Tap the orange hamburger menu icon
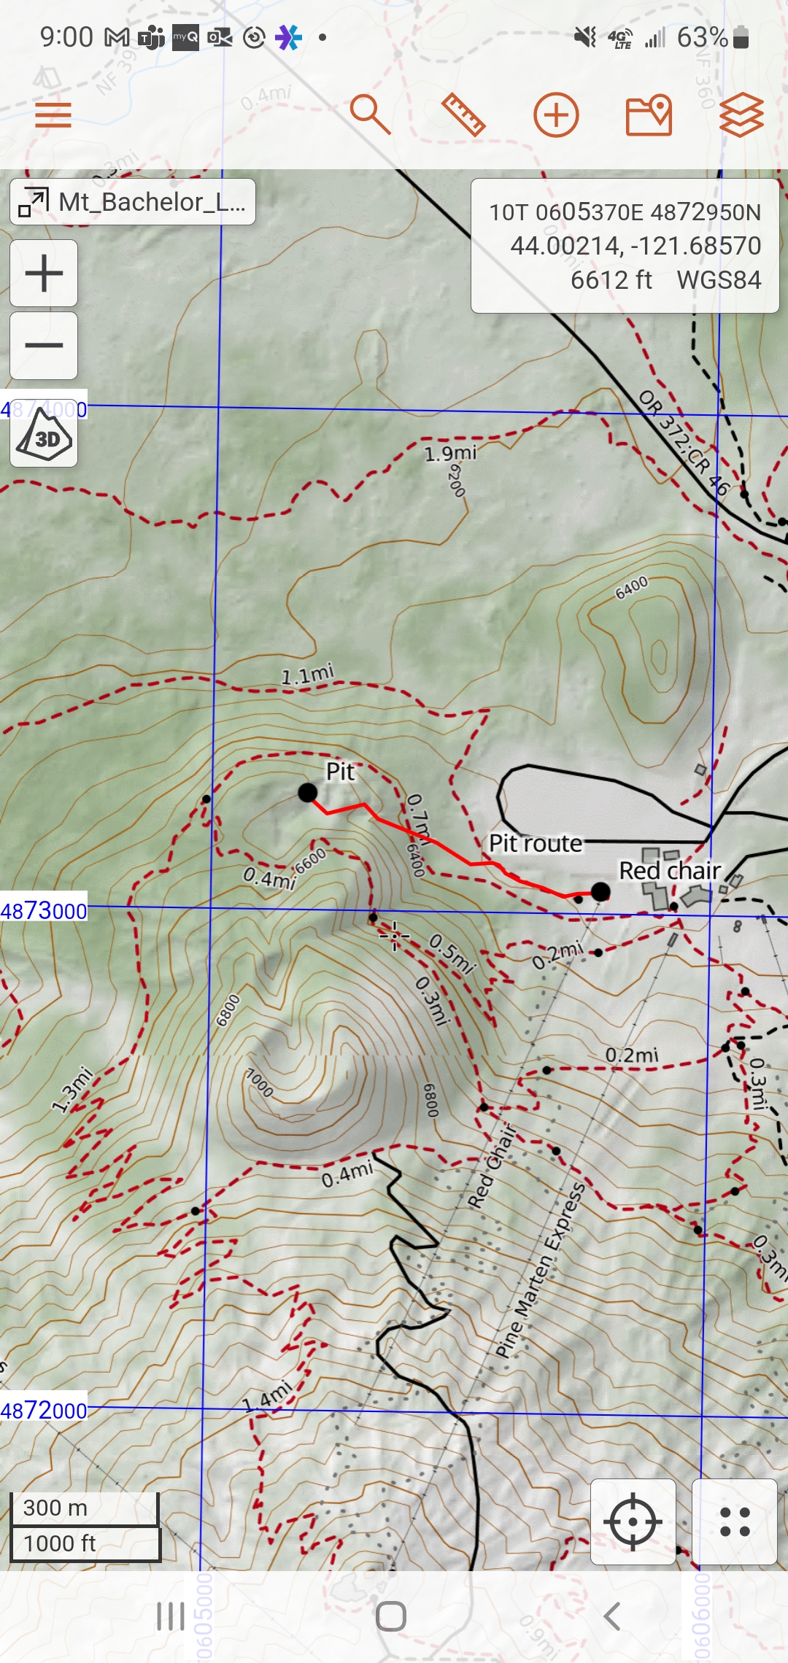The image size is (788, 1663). click(53, 115)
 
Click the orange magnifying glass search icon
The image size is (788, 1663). click(371, 115)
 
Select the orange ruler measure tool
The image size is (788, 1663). click(463, 115)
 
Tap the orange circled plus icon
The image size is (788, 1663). click(556, 115)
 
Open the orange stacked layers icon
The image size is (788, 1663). click(741, 115)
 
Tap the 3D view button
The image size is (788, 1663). click(44, 436)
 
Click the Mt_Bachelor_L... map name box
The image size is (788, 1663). click(133, 202)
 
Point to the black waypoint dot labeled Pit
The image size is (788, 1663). click(308, 792)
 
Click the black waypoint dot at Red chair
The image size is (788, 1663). click(600, 891)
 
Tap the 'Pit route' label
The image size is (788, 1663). click(535, 844)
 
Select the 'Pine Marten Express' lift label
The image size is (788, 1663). click(541, 1270)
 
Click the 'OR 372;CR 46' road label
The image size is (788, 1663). click(684, 443)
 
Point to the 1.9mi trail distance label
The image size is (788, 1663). click(450, 454)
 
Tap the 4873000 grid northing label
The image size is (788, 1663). click(44, 910)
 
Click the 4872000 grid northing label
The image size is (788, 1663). click(44, 1411)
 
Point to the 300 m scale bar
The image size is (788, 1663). click(85, 1508)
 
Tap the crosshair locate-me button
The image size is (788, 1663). click(633, 1521)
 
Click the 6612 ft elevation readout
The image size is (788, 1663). click(611, 280)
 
